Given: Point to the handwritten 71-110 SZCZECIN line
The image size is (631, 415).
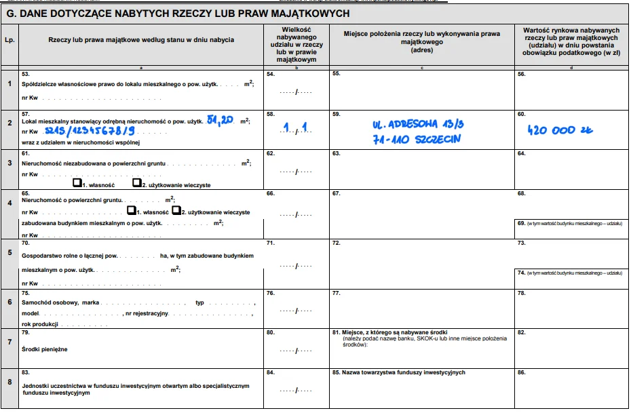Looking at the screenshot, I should [417, 139].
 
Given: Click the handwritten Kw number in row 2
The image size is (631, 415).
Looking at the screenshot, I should [88, 131].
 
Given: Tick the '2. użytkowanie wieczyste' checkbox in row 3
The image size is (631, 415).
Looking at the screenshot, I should [136, 183].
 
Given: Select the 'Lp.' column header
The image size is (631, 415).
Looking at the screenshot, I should [9, 40].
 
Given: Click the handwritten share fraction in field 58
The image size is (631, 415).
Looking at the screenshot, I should [296, 127].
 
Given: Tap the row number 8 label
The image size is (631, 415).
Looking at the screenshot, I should [9, 381].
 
